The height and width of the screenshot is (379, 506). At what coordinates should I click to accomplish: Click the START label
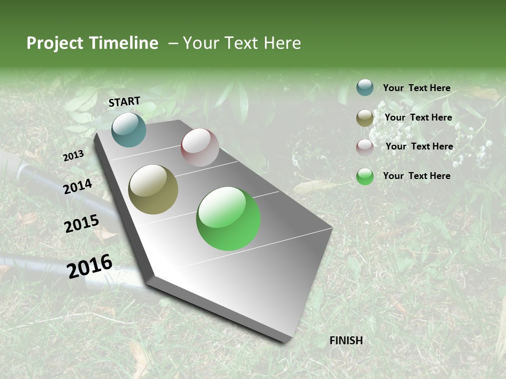coord(124,102)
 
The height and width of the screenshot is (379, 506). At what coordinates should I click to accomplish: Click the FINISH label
coord(346,341)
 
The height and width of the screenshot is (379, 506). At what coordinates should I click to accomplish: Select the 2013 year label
coord(74,156)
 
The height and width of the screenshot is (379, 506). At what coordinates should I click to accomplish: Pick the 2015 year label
coord(82,224)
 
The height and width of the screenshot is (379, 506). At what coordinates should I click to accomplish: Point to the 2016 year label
coord(90,266)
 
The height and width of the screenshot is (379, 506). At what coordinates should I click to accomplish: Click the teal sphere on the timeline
coord(129,129)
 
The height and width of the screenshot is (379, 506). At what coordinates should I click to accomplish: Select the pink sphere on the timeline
coord(200,147)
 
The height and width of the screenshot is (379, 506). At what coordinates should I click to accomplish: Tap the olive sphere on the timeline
coord(153,189)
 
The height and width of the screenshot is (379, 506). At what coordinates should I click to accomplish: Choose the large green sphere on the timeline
coord(228,218)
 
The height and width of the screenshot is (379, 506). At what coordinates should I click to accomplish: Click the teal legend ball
coord(365,87)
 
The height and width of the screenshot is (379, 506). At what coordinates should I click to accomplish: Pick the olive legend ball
coord(365,118)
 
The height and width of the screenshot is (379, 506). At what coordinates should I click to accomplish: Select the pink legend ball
coord(365,147)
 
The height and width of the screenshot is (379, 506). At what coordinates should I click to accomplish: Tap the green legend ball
coord(365,176)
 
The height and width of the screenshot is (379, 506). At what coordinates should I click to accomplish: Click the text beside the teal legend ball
coord(416,88)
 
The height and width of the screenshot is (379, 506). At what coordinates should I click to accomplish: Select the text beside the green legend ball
coord(416,176)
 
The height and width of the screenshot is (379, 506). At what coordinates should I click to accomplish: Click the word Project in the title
coord(55,43)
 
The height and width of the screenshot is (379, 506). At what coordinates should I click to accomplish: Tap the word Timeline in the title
coord(124,43)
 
